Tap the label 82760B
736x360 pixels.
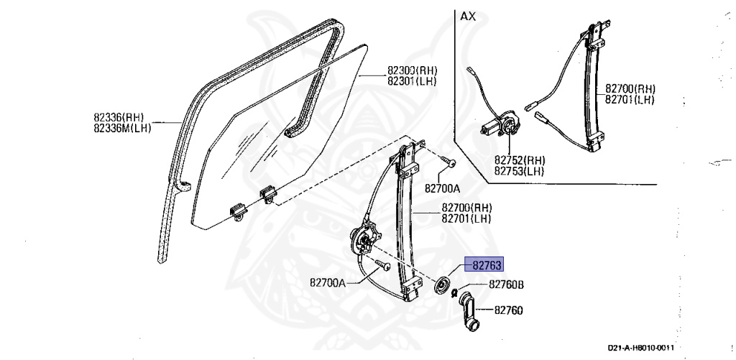pos(506,285)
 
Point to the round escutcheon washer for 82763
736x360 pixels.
pos(442,285)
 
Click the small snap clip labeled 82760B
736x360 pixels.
pos(454,292)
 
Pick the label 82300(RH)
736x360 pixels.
pos(412,71)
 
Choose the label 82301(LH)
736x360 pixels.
pos(412,81)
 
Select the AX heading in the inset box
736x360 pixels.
pos(468,17)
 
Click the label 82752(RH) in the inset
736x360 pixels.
pos(518,160)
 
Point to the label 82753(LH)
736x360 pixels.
pos(518,170)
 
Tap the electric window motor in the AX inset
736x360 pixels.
pos(500,124)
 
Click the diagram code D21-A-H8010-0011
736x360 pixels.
pos(640,348)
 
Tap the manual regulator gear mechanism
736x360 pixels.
pos(364,237)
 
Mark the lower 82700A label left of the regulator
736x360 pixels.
pos(328,282)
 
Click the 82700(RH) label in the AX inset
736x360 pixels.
pos(630,88)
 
